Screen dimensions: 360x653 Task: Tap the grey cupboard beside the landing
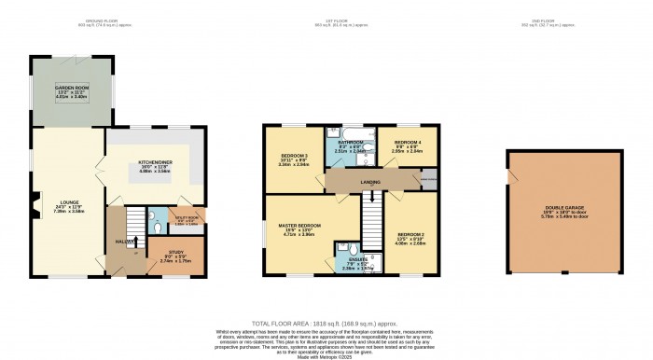coord(429,177)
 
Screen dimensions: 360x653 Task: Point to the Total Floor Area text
coord(326,322)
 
